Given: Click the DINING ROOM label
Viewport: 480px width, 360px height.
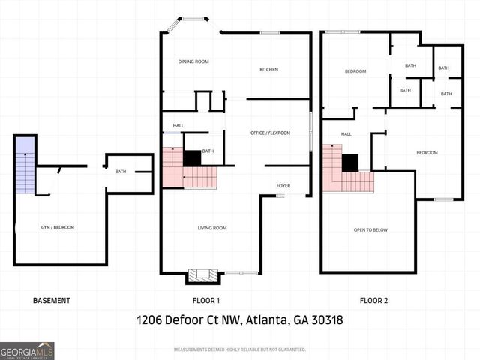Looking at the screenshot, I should pyautogui.click(x=193, y=61).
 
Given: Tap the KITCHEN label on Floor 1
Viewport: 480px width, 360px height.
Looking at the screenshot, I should pyautogui.click(x=268, y=70).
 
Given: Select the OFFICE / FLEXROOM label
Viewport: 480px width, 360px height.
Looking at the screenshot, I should pyautogui.click(x=270, y=133).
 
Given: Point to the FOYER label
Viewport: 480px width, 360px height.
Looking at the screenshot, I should pyautogui.click(x=283, y=185).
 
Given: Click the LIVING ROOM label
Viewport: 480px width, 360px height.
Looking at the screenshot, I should pyautogui.click(x=212, y=228).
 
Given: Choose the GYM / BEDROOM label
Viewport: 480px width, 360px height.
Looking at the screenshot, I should pyautogui.click(x=57, y=227).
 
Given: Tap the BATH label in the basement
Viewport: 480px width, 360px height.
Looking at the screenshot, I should pyautogui.click(x=121, y=172).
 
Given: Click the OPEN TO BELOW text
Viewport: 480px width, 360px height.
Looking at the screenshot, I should pyautogui.click(x=370, y=229).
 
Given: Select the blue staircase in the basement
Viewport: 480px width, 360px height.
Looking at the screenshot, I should pyautogui.click(x=25, y=165).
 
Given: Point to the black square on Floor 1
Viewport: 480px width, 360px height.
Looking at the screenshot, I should pyautogui.click(x=192, y=158).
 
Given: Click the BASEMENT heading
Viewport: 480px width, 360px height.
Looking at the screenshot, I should pyautogui.click(x=52, y=301).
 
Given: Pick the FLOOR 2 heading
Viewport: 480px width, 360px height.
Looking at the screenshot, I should pyautogui.click(x=373, y=301).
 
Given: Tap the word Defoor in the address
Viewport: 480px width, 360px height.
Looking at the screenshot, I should pyautogui.click(x=187, y=320).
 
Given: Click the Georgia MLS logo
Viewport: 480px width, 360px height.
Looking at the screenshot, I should pyautogui.click(x=27, y=350).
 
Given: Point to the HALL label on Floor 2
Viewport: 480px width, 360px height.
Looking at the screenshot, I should pyautogui.click(x=346, y=134).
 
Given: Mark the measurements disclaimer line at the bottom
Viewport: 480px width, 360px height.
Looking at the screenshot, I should pyautogui.click(x=240, y=349).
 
